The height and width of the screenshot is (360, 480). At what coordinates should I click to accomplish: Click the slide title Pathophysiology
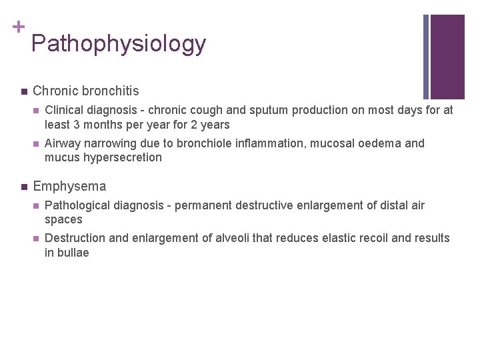[x=118, y=44]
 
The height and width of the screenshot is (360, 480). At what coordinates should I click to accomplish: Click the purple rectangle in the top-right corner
[x=447, y=57]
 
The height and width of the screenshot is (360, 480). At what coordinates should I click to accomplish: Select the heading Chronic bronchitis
[x=85, y=91]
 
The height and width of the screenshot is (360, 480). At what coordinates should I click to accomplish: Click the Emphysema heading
[x=69, y=187]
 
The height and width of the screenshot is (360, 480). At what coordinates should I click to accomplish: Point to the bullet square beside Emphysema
[x=23, y=187]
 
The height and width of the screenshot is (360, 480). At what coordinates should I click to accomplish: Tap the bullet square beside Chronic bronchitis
[x=23, y=91]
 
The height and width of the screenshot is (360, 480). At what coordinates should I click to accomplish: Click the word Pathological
[x=78, y=205]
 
